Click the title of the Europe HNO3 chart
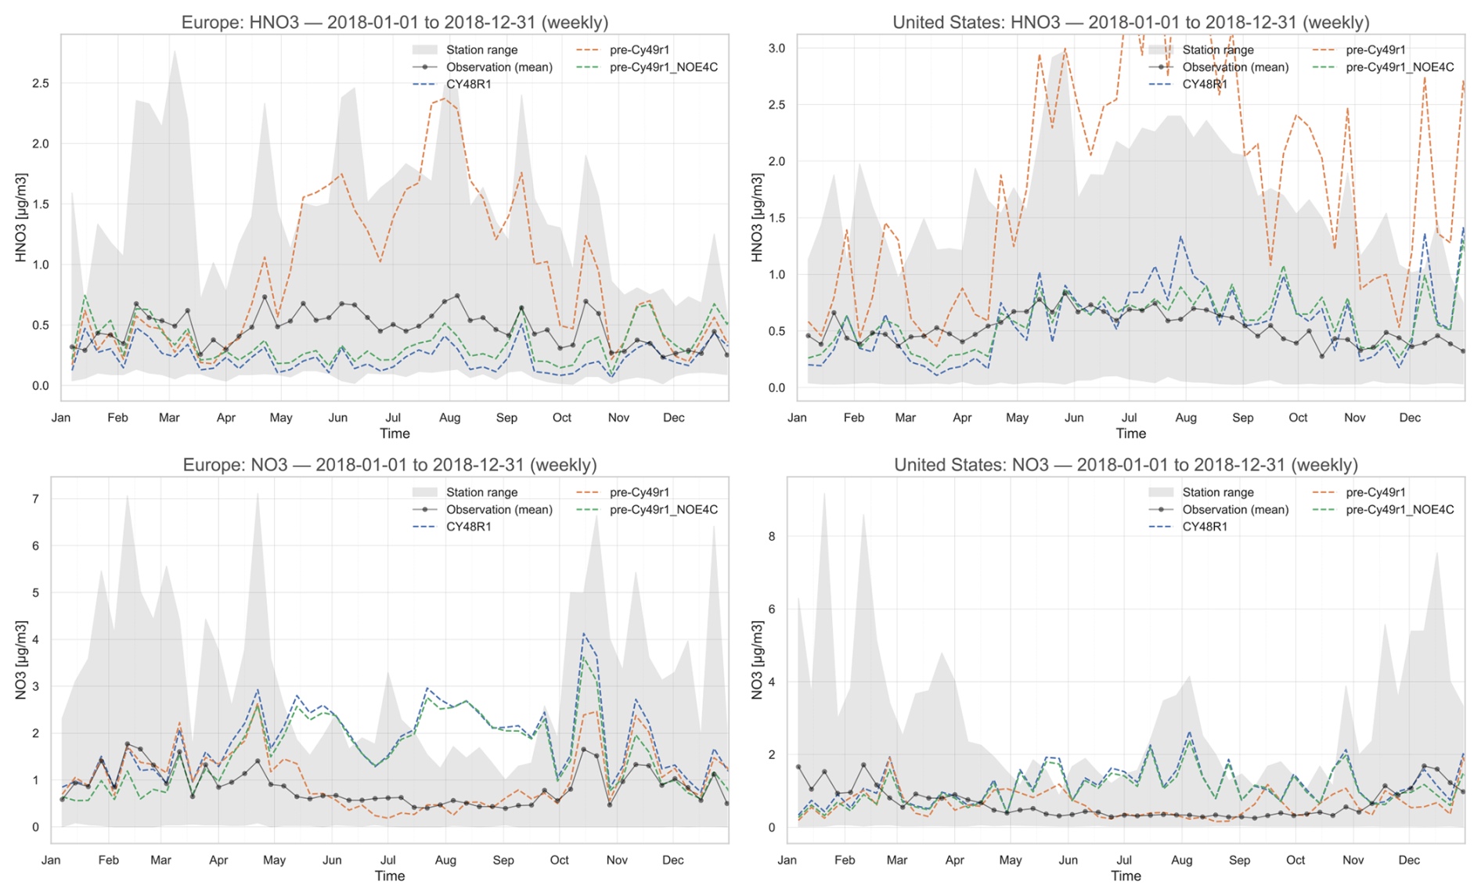click(x=395, y=22)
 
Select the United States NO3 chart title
click(x=1126, y=465)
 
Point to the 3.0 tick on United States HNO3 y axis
click(x=776, y=49)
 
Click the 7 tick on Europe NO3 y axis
click(x=35, y=499)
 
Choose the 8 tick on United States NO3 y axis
click(x=772, y=537)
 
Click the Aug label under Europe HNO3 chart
click(x=449, y=418)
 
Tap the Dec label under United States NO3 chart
click(x=1409, y=860)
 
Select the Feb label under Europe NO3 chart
click(x=108, y=860)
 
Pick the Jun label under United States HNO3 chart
click(x=1074, y=418)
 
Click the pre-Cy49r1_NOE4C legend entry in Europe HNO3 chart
click(x=663, y=67)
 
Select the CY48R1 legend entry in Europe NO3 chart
click(x=468, y=527)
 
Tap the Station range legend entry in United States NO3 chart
click(x=1217, y=492)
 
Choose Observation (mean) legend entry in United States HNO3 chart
click(x=1234, y=67)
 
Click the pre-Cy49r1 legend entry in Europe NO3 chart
click(x=639, y=492)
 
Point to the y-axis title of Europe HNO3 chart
click(x=21, y=218)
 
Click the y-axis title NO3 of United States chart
click(x=757, y=660)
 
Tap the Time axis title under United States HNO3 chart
click(x=1130, y=434)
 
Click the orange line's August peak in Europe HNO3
click(x=445, y=99)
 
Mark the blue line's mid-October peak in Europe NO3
click(x=583, y=633)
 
